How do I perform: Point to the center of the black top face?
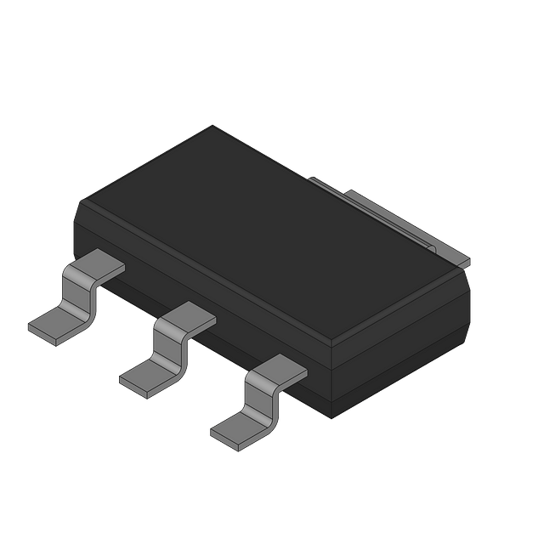tap(272, 229)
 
